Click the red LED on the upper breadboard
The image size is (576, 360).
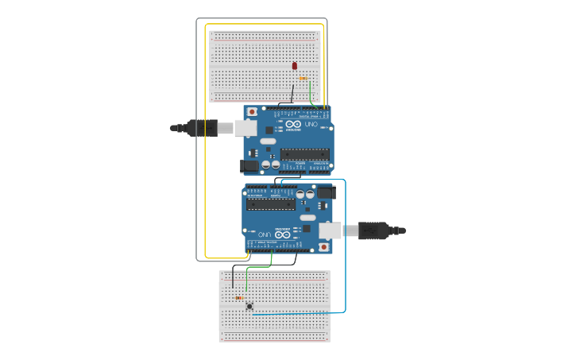295,66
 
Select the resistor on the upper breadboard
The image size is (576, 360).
303,78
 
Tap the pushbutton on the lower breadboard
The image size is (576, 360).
249,306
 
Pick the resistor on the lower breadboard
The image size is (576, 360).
239,298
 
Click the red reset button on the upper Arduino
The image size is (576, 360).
253,112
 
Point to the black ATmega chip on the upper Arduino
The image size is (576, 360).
304,153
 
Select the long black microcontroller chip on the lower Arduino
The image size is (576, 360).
271,203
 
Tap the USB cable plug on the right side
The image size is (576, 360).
374,230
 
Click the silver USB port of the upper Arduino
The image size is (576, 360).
245,128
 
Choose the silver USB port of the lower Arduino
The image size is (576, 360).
330,230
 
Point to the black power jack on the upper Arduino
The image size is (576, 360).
250,166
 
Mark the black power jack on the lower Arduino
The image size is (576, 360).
326,192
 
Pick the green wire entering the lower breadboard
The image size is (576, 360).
247,278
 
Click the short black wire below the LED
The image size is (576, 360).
292,94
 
